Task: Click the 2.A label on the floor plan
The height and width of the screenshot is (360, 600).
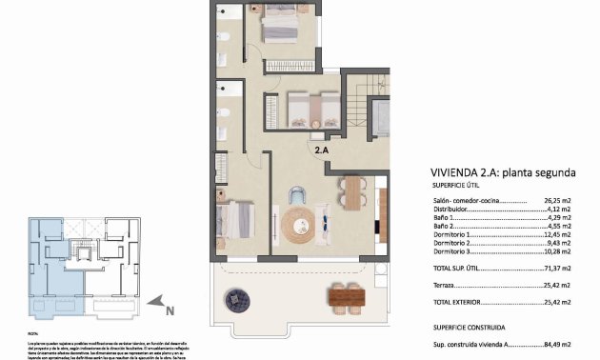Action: [322, 150]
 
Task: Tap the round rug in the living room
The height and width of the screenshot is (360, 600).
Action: [296, 225]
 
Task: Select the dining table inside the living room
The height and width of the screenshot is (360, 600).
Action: [352, 193]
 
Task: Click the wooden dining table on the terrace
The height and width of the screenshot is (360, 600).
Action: [346, 297]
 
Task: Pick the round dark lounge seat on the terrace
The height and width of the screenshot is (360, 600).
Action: [235, 300]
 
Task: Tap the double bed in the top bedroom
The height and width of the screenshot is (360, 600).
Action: [281, 27]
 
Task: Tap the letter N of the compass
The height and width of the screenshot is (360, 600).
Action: [169, 310]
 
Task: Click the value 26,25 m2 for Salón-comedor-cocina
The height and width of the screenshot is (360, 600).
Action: [555, 202]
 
